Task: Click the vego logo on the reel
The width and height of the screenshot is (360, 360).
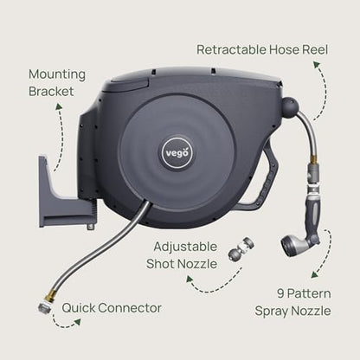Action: click(177, 152)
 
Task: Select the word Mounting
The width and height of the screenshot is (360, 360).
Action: click(57, 75)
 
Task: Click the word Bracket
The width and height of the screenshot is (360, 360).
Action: click(51, 92)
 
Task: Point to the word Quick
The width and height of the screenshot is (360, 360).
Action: click(79, 308)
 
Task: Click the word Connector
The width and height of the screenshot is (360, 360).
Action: click(130, 308)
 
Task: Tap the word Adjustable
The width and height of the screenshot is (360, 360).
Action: click(185, 247)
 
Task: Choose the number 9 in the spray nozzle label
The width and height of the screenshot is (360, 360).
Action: click(280, 293)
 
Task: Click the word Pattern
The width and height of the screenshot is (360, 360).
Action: click(309, 293)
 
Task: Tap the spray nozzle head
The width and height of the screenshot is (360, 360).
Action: click(292, 246)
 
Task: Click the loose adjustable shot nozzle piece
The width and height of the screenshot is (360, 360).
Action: click(241, 249)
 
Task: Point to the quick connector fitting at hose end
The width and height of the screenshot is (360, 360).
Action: click(44, 308)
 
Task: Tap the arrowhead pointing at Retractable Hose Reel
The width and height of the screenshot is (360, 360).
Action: click(317, 64)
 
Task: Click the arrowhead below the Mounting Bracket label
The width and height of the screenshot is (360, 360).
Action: click(59, 106)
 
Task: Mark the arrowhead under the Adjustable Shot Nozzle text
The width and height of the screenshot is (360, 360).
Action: click(189, 279)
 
